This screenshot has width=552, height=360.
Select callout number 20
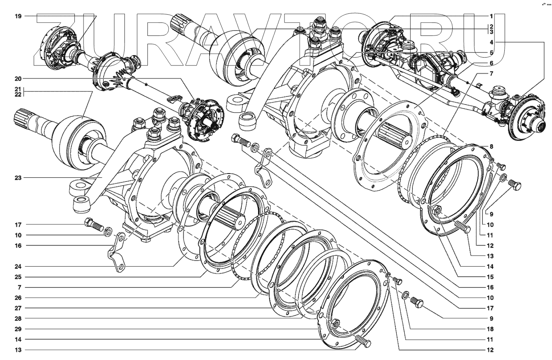pos(18,78)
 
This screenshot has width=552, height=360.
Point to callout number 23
pos(18,178)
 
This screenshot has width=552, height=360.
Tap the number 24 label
pos(18,266)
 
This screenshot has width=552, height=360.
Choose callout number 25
pos(18,277)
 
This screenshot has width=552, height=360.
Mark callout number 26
pos(18,298)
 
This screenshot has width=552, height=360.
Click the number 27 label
pos(18,308)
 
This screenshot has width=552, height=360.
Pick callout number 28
pos(18,319)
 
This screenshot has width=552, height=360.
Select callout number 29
pos(18,329)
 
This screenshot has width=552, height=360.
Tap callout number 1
pos(491,16)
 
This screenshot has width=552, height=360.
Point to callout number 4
pos(491,42)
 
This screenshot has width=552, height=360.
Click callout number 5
pos(491,52)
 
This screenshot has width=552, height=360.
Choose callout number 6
pos(491,63)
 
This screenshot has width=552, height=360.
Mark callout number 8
pos(491,147)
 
